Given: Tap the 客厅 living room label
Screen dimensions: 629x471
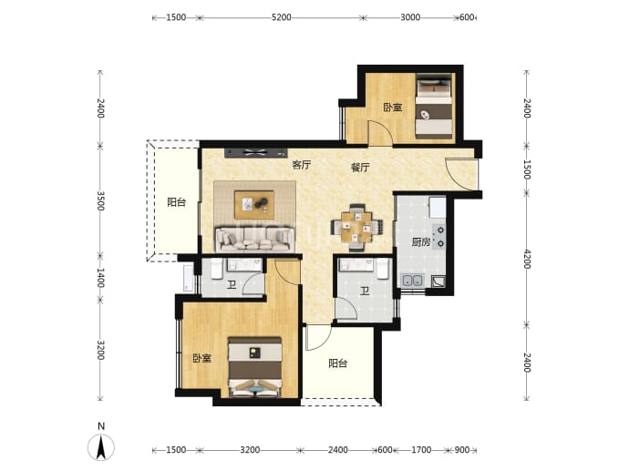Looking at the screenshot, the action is tap(302, 165).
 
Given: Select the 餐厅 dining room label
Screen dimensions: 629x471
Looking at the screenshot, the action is tap(360, 167).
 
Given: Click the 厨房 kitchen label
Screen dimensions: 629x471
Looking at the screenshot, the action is tap(421, 242).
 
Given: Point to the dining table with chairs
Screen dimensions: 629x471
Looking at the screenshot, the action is tap(356, 227).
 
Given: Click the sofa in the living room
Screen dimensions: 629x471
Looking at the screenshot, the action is tap(255, 240).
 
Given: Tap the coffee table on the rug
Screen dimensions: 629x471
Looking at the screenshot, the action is tap(254, 204).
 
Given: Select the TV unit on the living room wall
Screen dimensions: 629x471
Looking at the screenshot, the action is tap(256, 152).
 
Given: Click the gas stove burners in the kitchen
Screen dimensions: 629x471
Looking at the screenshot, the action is tap(439, 237).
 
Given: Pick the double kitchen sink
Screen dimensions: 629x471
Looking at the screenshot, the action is tap(412, 280).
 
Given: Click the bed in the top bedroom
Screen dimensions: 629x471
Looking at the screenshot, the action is tap(434, 106).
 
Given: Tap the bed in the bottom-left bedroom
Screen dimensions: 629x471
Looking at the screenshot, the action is tap(254, 367).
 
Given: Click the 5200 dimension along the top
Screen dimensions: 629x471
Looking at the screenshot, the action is tap(281, 17).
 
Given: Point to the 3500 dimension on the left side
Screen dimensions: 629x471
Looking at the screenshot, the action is tap(100, 200).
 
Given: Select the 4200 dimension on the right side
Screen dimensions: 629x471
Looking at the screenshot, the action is tap(527, 259).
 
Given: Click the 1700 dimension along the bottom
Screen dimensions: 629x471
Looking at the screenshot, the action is tap(421, 450).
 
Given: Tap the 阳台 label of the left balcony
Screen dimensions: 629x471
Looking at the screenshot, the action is tap(177, 202).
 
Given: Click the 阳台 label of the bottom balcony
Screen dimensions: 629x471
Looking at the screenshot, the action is tap(338, 363).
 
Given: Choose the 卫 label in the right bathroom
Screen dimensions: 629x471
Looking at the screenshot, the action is tap(365, 291).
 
